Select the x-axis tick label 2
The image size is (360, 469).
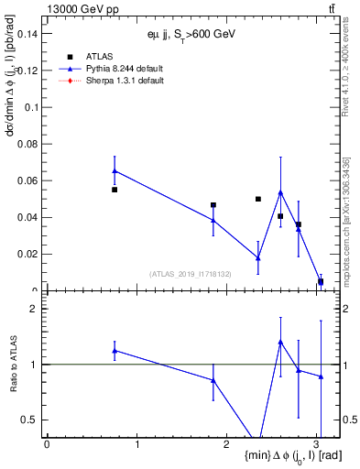pyautogui.click(x=227, y=445)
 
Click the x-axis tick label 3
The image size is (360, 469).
pyautogui.click(x=317, y=445)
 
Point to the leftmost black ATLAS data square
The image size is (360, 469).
pyautogui.click(x=115, y=190)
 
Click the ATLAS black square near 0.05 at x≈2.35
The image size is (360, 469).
pyautogui.click(x=258, y=199)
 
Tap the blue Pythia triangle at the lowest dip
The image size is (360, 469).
pyautogui.click(x=258, y=258)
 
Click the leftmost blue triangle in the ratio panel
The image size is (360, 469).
pyautogui.click(x=115, y=351)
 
